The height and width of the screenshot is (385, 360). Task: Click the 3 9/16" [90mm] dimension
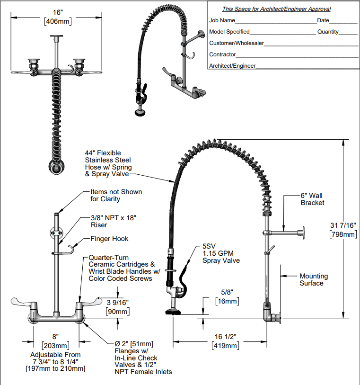118,306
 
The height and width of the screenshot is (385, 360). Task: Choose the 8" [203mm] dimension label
56,341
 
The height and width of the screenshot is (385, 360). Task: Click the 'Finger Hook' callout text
109,239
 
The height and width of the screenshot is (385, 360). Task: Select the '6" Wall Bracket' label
312,199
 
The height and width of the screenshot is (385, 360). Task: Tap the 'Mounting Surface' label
313,279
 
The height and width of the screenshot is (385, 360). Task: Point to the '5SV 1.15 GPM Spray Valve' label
221,253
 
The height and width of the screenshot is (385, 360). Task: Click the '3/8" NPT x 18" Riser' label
109,221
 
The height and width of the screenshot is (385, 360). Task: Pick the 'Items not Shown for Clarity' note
116,195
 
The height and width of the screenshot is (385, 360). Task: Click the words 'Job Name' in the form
222,20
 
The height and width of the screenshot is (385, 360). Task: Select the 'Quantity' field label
328,32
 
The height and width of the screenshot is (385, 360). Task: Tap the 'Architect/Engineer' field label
232,66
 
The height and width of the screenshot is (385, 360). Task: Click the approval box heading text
276,9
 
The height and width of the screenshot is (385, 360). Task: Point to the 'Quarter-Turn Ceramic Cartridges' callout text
124,268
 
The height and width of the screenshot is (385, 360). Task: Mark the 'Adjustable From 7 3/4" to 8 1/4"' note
55,361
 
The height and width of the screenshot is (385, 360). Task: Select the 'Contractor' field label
222,54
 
